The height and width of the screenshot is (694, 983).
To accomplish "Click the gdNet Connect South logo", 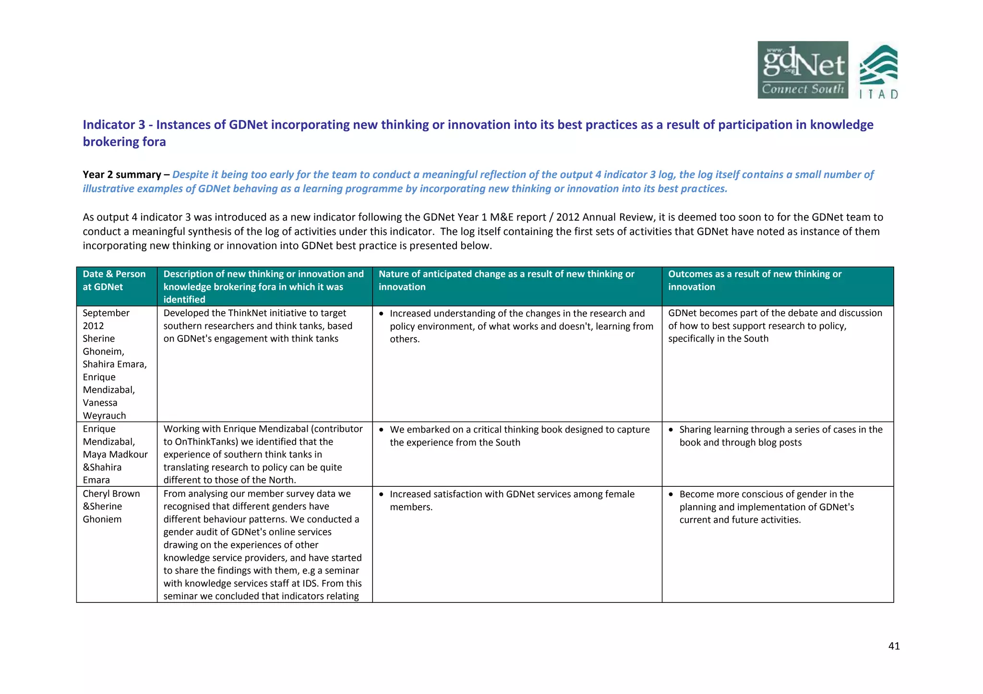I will click(x=802, y=70).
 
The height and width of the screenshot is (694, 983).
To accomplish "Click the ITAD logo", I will click(x=878, y=72).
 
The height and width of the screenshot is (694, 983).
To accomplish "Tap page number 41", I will click(x=894, y=646).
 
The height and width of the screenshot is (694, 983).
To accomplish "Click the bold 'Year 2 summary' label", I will click(x=121, y=175).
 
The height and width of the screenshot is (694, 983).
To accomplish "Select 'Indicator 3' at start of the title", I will click(x=114, y=125).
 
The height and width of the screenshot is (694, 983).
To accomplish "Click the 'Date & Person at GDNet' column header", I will click(x=114, y=281).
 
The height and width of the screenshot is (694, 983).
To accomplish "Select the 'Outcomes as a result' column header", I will click(x=755, y=281).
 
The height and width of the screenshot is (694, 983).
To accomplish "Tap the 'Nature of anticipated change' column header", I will click(x=506, y=281).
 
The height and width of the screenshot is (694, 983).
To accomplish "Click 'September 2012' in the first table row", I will click(x=106, y=319).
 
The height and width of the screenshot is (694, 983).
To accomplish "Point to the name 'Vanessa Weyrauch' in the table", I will click(x=104, y=409).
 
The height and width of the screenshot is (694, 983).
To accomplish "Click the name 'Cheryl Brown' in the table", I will click(x=111, y=494).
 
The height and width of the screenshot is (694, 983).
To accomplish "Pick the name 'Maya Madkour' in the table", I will click(x=115, y=454).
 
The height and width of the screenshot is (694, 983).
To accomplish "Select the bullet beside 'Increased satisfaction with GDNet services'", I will click(x=382, y=494).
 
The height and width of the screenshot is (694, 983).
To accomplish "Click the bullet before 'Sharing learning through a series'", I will click(x=671, y=430).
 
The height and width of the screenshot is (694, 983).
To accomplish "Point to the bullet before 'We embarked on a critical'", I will click(x=382, y=430).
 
